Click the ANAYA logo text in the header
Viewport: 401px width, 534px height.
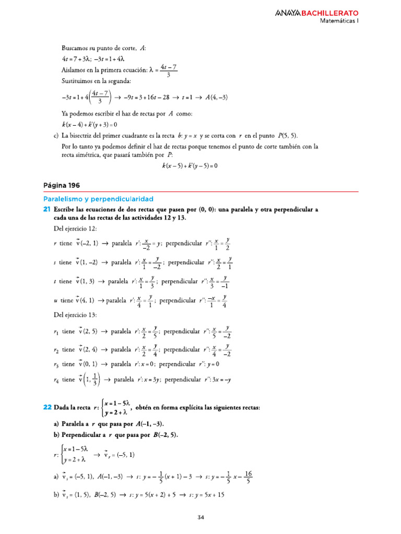point(288,13)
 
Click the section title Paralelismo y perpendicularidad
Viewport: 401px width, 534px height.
point(98,199)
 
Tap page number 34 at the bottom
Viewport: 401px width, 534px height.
point(200,517)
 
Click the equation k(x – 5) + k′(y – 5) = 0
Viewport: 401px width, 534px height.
point(189,166)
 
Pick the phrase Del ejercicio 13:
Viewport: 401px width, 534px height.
point(75,314)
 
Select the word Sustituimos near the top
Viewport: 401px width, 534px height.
point(79,81)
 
